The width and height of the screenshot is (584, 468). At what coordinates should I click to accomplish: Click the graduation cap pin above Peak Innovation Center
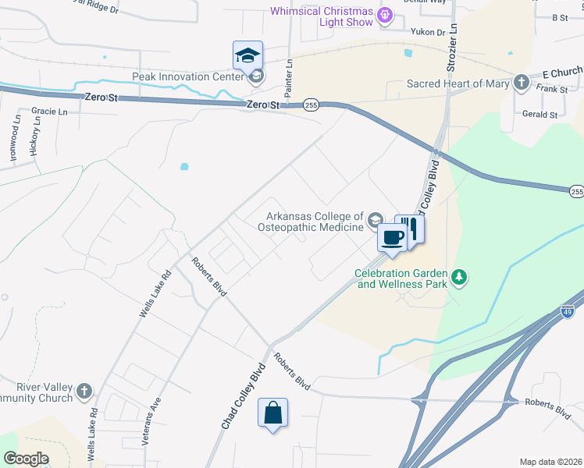point(247,56)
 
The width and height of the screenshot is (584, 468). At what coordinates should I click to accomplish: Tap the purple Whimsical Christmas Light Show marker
point(384,14)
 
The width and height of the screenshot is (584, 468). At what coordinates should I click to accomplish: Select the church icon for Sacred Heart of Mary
point(521,83)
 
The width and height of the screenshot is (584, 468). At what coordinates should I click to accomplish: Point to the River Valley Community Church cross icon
point(84,391)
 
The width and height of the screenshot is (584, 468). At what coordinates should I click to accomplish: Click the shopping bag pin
point(272,413)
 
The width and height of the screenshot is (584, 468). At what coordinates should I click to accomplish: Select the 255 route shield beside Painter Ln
point(311,105)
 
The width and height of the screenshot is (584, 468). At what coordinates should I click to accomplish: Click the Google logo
point(26,459)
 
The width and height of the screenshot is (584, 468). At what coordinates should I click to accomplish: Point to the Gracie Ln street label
point(48,112)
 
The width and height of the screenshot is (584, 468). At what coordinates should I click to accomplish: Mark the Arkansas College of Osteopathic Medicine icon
point(376,219)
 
